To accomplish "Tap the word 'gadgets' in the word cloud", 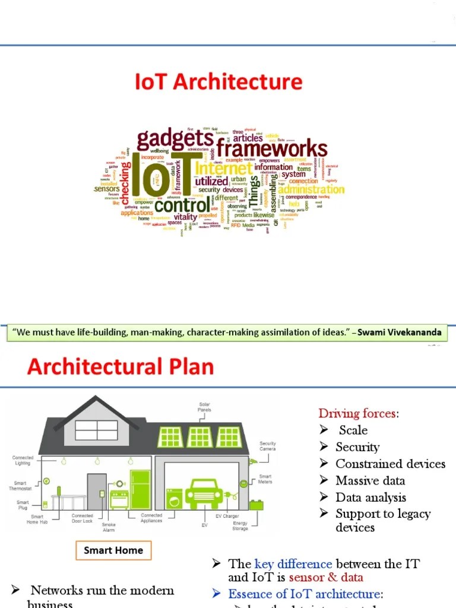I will (x=175, y=140).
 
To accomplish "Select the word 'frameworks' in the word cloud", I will (x=271, y=148).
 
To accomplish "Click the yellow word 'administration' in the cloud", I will (x=311, y=189).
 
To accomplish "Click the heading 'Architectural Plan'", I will (x=120, y=366).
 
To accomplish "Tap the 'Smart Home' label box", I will (x=113, y=550).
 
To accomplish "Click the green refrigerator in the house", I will (x=141, y=489).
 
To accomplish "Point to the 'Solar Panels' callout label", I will (x=204, y=407).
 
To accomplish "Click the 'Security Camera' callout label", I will (x=268, y=446).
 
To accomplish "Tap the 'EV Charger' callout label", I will (x=227, y=517).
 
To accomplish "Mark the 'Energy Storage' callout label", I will (x=240, y=526).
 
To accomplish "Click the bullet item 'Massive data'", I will (x=370, y=480).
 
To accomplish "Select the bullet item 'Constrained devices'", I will (x=390, y=464).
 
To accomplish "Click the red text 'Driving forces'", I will (x=357, y=413).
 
